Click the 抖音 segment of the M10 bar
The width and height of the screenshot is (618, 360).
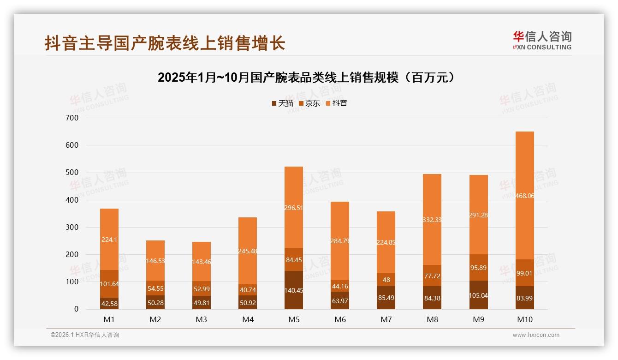coord(524,195)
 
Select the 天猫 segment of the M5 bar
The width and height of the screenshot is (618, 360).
coord(294,290)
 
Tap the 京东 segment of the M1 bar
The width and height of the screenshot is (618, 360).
coord(109,283)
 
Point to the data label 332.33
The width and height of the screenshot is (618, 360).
coord(432,220)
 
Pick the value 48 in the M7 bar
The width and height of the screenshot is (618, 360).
coord(386,280)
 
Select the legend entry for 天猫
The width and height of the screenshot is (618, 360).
coord(283,103)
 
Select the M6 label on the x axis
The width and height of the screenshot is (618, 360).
coord(340,319)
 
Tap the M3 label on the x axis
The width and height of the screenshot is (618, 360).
coord(202,319)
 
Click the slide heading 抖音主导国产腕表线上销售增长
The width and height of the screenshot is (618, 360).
coord(165,43)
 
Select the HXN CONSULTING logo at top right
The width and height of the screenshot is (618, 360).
coord(542,40)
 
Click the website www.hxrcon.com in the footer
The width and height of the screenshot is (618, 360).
coord(536,335)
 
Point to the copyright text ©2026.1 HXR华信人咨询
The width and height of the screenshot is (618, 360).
coord(85,335)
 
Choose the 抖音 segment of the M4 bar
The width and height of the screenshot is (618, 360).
coord(248,251)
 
